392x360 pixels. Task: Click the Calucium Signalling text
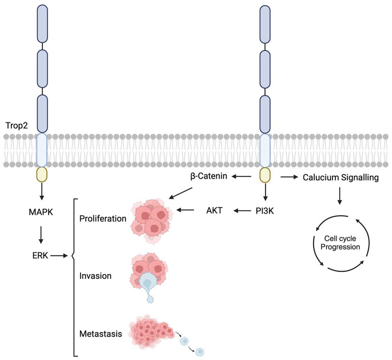point(340,178)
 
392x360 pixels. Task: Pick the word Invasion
point(96,276)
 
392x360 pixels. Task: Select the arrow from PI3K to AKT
point(239,211)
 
